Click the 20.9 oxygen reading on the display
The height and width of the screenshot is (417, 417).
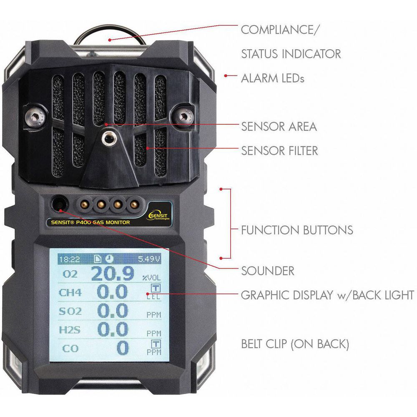coord(113,274)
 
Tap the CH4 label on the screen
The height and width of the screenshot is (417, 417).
coord(70,293)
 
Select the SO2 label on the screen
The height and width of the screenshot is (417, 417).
coord(70,311)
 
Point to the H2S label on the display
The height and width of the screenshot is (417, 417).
coord(69,330)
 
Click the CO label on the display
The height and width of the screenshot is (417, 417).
coord(70,348)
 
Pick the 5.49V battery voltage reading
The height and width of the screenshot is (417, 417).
coord(149,259)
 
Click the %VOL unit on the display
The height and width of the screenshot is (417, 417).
coord(152,278)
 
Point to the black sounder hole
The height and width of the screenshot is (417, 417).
coord(59,204)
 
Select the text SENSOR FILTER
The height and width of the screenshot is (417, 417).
coord(279,151)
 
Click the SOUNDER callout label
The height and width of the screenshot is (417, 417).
coord(268,271)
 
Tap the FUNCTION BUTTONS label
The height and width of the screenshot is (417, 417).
coord(297,230)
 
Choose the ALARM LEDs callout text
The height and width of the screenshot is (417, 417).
coord(273,78)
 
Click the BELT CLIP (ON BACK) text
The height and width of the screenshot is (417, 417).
coord(295,344)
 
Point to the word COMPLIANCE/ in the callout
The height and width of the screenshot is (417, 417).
coord(279,30)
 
